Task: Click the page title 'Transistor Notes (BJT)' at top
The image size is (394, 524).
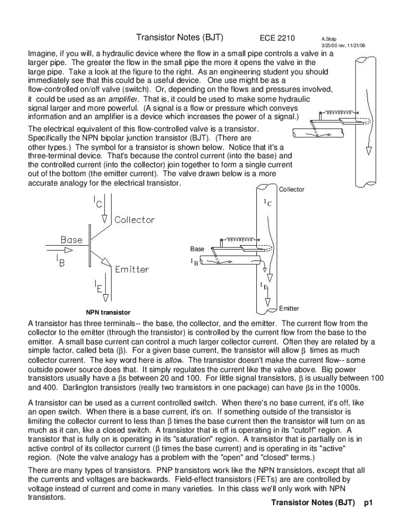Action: point(180,37)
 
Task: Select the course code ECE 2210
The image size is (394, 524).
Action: point(277,38)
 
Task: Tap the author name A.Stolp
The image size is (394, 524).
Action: point(329,39)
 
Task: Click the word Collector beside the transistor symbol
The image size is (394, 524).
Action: point(135,220)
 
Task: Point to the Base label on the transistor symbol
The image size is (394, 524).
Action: point(71,239)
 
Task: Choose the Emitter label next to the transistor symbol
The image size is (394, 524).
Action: point(132,269)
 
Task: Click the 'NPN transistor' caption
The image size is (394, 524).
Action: point(108,313)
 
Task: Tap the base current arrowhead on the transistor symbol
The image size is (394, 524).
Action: point(68,250)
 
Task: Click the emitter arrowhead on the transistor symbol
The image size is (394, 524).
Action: point(106,261)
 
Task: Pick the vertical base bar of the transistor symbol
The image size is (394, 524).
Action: point(90,246)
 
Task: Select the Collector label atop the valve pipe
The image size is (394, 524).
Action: point(291,189)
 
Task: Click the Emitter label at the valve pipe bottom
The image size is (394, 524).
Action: point(289,309)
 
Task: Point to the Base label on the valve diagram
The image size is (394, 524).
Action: point(197,249)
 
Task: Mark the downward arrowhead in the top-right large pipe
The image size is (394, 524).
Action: point(368,151)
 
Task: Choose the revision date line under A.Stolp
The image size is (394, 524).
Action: point(343,46)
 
